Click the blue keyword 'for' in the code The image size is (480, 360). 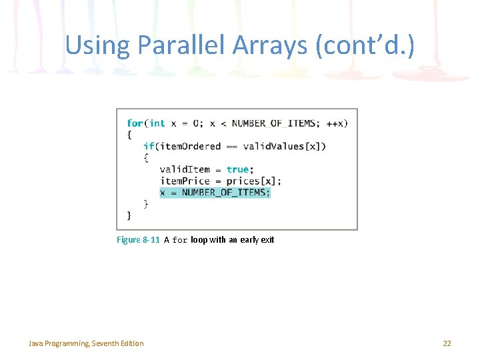(135, 123)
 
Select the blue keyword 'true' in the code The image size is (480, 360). (238, 169)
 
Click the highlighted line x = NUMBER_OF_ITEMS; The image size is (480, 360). (215, 193)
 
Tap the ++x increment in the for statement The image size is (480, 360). (336, 123)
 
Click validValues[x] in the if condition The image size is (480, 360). (285, 147)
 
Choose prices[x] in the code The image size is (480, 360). (253, 181)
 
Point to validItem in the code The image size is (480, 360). (185, 169)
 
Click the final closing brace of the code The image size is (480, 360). (129, 215)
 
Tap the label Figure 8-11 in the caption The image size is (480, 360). (138, 240)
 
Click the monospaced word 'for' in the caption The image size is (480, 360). (180, 240)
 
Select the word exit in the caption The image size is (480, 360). (267, 240)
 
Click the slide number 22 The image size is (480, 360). (447, 343)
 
